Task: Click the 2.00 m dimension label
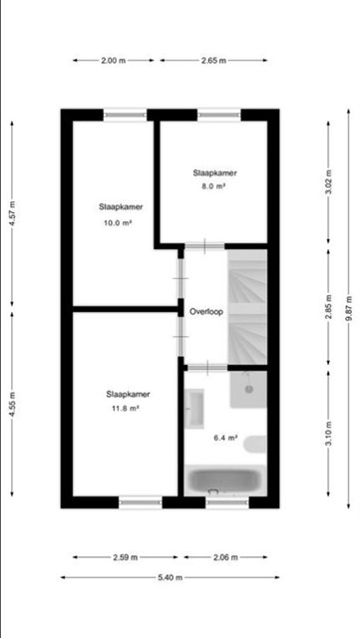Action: pyautogui.click(x=114, y=61)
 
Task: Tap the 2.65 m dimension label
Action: pyautogui.click(x=213, y=61)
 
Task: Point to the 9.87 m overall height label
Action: pyautogui.click(x=348, y=308)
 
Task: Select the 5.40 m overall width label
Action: pyautogui.click(x=171, y=577)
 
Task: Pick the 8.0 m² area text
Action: pyautogui.click(x=215, y=186)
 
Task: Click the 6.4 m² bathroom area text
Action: pyautogui.click(x=225, y=438)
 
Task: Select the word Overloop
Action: pyautogui.click(x=206, y=312)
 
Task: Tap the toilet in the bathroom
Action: pyautogui.click(x=255, y=444)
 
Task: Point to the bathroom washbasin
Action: pyautogui.click(x=193, y=409)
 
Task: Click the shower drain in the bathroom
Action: pyautogui.click(x=249, y=390)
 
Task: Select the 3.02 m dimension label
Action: pyautogui.click(x=329, y=181)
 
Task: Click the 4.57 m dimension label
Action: pyautogui.click(x=12, y=213)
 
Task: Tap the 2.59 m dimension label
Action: pyautogui.click(x=126, y=557)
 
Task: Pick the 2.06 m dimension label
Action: pyautogui.click(x=225, y=557)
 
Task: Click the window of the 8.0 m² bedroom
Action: pyautogui.click(x=219, y=116)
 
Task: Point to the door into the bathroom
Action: pyautogui.click(x=207, y=368)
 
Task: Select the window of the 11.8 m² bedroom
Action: pyautogui.click(x=141, y=502)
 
